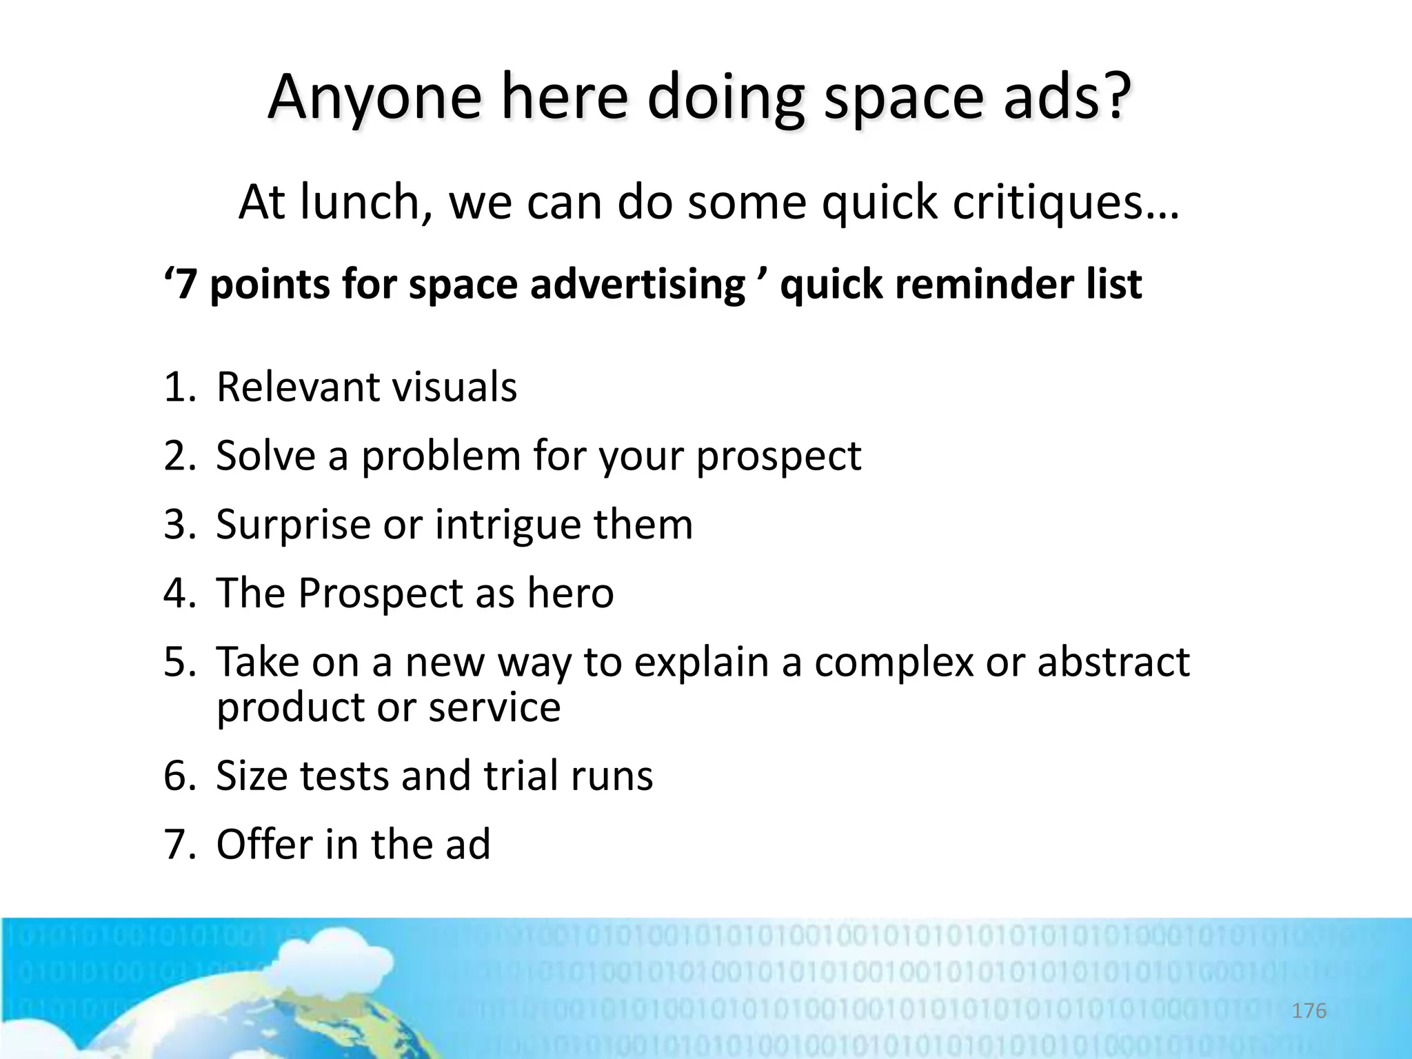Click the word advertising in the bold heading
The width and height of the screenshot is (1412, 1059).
pos(638,285)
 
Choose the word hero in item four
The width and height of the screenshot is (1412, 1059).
pos(570,593)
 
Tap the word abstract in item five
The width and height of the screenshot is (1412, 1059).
pos(1113,662)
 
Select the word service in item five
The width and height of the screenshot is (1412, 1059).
pos(494,707)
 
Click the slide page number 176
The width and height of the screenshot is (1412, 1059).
pos(1309,1011)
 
